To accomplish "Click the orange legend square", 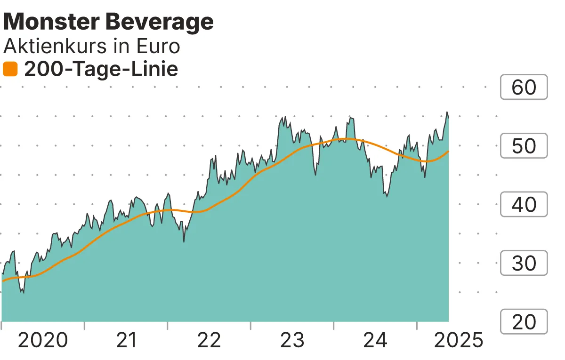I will click(x=10, y=70).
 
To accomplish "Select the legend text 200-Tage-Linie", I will click(x=101, y=70).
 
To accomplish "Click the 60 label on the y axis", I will click(x=524, y=88).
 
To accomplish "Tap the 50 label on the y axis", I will click(x=524, y=146).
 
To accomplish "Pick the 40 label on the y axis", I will click(x=524, y=205).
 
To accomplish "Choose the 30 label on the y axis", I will click(x=524, y=263).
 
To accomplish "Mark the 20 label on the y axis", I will click(x=524, y=322).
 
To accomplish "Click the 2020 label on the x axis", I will click(x=43, y=340).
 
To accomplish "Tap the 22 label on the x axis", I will click(x=209, y=340).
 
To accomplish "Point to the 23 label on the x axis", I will click(x=292, y=340).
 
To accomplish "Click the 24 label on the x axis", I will click(x=375, y=340).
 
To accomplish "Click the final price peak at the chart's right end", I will click(x=447, y=112).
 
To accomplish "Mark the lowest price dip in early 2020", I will click(x=23, y=293).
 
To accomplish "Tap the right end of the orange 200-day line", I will click(x=448, y=152).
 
